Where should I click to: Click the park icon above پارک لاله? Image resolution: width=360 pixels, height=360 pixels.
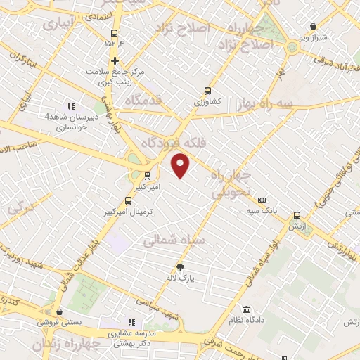coord(181,267)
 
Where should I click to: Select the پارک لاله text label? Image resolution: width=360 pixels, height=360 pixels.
coord(180,278)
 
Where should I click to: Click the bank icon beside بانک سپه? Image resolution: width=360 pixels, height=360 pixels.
coord(262,200)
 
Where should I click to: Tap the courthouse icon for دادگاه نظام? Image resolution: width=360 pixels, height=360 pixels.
coord(247,309)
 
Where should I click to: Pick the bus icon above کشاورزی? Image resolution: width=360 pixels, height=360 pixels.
coord(207,90)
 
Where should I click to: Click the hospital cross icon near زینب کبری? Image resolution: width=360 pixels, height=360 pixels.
coord(115,60)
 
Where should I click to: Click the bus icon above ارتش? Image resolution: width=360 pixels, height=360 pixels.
coord(297,216)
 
